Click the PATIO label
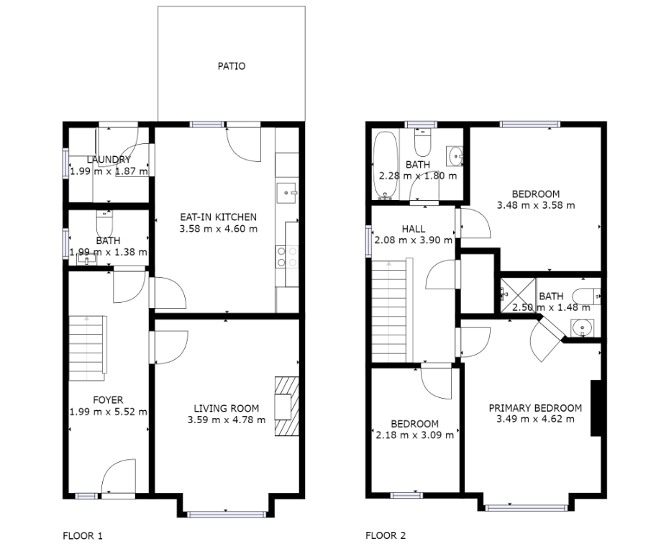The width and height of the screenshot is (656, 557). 232,66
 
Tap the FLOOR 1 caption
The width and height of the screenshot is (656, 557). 83,535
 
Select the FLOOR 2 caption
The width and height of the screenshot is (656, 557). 386,535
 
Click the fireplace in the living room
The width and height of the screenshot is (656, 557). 287,407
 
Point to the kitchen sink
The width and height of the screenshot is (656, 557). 286,193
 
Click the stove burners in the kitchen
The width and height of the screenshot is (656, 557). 287,257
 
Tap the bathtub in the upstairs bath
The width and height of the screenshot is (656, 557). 385,166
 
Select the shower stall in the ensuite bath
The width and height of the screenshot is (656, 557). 519,295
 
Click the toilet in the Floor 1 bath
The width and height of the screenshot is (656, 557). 104,224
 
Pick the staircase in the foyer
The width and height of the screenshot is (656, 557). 88,348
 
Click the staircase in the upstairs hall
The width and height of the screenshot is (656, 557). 392,310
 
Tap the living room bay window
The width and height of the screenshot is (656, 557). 226,515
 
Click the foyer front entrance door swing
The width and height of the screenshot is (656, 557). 119,476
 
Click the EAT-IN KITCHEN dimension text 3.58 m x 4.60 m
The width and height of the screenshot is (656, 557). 219,229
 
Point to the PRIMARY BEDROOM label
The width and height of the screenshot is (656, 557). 535,408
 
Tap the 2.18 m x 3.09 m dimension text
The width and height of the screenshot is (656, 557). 414,435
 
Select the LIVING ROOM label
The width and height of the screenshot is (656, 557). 227,409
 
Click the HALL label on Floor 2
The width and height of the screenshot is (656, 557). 414,229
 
